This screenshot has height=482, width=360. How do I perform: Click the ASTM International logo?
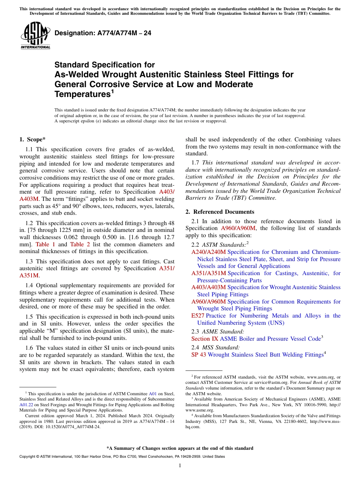pos(35,36)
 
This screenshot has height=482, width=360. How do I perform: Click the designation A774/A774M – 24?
pos(103,33)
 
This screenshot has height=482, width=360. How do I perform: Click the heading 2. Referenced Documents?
pos(220,212)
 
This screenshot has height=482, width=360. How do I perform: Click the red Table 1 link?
pos(45,244)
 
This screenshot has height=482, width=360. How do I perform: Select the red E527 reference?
pos(198,316)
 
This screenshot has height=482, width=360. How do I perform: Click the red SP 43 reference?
pos(199,355)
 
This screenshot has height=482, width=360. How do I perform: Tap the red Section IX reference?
pos(205,339)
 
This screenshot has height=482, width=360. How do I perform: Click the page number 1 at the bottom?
pos(180,465)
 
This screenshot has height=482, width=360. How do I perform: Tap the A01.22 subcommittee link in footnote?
pos(25,405)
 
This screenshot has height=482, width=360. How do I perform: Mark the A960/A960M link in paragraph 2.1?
pos(238,228)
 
